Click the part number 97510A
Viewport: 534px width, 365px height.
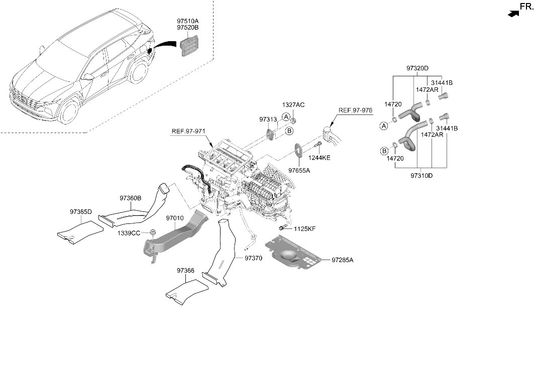coord(188,21)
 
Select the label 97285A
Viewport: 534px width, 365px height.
coord(343,260)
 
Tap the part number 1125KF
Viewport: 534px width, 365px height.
coord(305,229)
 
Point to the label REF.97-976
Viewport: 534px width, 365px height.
coord(355,110)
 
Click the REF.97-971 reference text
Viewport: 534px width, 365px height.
coord(188,131)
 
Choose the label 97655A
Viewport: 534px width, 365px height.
coord(299,170)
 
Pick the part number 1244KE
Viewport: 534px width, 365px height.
coord(319,158)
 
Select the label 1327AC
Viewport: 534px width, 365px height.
coord(293,105)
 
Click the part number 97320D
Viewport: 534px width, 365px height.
coord(417,68)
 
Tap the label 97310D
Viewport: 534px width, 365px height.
coord(421,176)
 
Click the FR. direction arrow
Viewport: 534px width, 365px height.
coord(513,14)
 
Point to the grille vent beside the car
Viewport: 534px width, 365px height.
coord(189,45)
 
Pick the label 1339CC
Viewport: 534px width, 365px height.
coord(129,233)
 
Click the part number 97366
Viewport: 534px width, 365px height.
coord(185,271)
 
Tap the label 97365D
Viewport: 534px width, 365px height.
coord(81,212)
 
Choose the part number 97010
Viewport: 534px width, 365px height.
coord(175,218)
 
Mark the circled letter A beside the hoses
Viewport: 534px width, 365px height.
coord(384,126)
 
